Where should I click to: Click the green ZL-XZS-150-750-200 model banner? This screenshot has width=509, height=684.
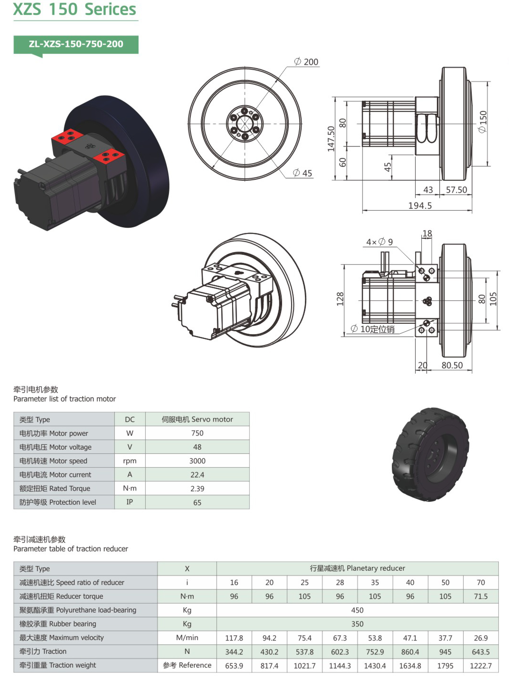pyautogui.click(x=76, y=44)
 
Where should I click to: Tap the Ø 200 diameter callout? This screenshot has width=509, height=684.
pyautogui.click(x=307, y=62)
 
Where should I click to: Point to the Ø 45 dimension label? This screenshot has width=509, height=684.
pyautogui.click(x=303, y=173)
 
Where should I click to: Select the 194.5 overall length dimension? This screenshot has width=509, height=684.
pyautogui.click(x=420, y=205)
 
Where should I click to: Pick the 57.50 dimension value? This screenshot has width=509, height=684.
pyautogui.click(x=456, y=190)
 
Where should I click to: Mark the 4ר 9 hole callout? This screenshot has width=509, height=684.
pyautogui.click(x=379, y=242)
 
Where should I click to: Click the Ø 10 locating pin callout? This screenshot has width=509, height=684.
pyautogui.click(x=373, y=329)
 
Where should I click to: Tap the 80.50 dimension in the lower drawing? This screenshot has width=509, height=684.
pyautogui.click(x=452, y=365)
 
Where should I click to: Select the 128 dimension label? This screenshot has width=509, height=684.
pyautogui.click(x=340, y=299)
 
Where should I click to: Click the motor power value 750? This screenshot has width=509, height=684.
pyautogui.click(x=197, y=433)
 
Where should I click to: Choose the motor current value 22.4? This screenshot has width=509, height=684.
pyautogui.click(x=197, y=475)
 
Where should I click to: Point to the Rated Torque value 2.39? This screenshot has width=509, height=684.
pyautogui.click(x=197, y=489)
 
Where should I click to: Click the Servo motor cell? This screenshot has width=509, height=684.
pyautogui.click(x=197, y=419)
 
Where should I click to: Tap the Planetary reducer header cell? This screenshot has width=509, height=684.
pyautogui.click(x=357, y=568)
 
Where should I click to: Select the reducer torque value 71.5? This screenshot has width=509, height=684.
pyautogui.click(x=481, y=596)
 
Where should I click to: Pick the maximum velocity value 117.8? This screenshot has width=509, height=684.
pyautogui.click(x=234, y=638)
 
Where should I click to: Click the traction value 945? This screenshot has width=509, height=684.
pyautogui.click(x=445, y=652)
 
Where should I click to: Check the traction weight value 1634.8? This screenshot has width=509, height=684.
pyautogui.click(x=410, y=665)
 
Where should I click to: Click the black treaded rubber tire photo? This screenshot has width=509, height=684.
pyautogui.click(x=430, y=454)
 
